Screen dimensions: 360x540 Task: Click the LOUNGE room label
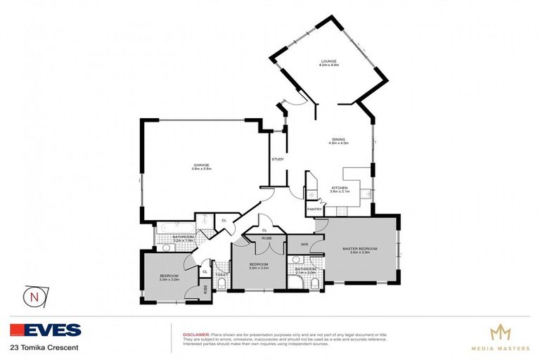point(330,61)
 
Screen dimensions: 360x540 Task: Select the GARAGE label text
point(201,165)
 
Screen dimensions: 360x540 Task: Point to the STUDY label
point(278,159)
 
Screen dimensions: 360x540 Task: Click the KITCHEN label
point(340,188)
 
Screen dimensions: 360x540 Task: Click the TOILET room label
point(220,274)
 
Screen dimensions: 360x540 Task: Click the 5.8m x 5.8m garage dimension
point(201,169)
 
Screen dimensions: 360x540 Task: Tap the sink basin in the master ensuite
point(295,259)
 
